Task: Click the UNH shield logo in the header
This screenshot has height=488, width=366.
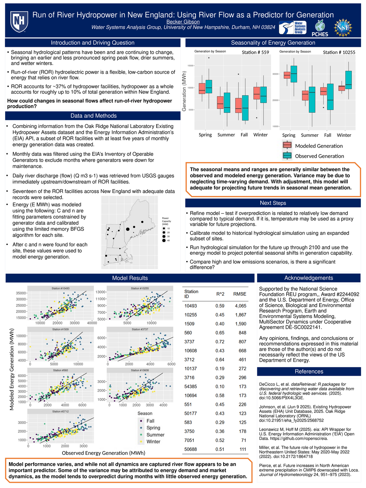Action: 19,22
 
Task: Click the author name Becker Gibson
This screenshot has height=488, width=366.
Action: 183,22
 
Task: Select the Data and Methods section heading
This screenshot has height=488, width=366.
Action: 93,116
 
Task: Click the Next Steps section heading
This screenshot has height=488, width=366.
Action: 273,203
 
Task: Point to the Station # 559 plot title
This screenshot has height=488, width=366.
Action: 255,52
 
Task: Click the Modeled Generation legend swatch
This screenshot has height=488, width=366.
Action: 287,145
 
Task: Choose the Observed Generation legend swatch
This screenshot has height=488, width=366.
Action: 287,156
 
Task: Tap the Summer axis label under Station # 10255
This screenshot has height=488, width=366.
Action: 309,135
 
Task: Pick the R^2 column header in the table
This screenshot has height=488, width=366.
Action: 220,294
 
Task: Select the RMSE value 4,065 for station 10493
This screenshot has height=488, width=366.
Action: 240,306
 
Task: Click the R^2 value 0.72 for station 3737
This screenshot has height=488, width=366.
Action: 220,342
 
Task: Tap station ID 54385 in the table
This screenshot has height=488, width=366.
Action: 191,386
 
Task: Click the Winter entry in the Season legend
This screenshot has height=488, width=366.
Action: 153,441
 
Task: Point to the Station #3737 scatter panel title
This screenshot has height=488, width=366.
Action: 140,329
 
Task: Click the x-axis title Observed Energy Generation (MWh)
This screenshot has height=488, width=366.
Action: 103,453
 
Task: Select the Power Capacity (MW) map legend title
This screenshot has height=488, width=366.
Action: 166,221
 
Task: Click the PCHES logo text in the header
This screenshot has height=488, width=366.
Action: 320,34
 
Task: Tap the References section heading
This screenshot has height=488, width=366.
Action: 309,372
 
